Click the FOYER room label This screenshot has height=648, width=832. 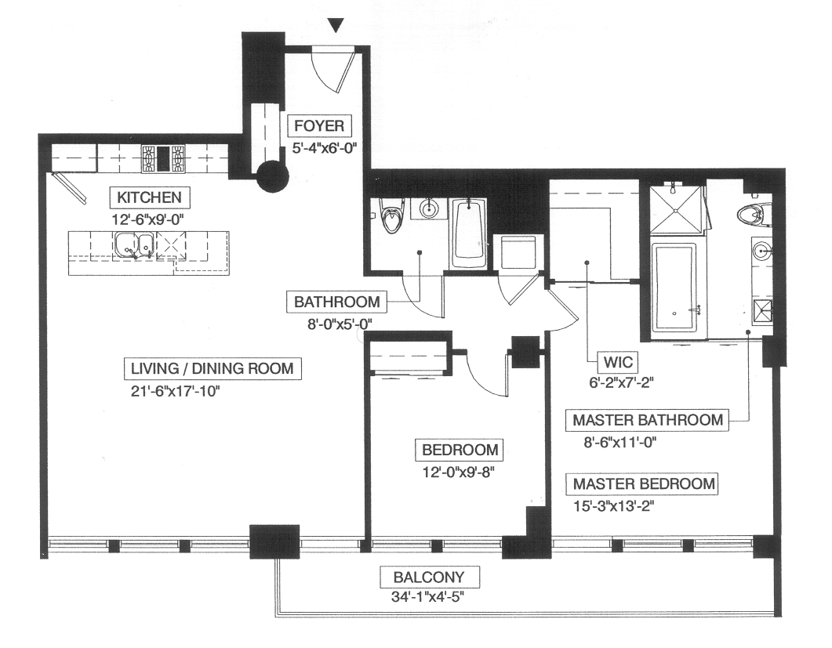click(319, 125)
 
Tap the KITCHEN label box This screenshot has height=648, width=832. click(149, 197)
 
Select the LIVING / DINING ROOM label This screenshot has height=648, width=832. click(213, 368)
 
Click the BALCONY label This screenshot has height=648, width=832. click(429, 577)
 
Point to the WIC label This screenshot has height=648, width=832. click(618, 362)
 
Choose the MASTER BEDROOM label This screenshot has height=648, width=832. click(644, 483)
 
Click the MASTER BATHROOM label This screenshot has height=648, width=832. click(648, 420)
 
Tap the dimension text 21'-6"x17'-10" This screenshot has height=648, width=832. click(175, 391)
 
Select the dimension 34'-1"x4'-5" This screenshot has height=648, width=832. click(427, 597)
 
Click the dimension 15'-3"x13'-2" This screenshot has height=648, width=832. click(613, 506)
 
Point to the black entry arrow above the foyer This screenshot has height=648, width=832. click(336, 25)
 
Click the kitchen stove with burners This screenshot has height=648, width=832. click(163, 158)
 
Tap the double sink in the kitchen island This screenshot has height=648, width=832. click(134, 245)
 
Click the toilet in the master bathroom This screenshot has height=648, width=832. click(754, 212)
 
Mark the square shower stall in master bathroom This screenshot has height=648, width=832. click(678, 211)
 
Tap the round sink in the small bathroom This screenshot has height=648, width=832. click(428, 208)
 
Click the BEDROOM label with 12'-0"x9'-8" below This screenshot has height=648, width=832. click(460, 450)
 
